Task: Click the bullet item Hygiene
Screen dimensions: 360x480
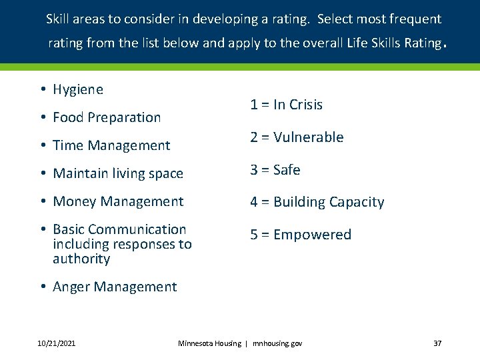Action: pos(77,89)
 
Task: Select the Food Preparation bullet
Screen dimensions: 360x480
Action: pos(107,117)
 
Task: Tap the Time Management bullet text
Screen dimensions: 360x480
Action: pos(111,145)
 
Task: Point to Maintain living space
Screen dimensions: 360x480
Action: pos(117,173)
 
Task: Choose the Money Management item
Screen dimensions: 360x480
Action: pos(118,201)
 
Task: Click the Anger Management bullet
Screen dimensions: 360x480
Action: pos(115,287)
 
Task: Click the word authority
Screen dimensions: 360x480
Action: pos(81,259)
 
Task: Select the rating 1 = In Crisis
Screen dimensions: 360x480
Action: pos(286,105)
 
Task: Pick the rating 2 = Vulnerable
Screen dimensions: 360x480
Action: pos(297,137)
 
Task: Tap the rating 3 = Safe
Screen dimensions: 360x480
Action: pos(275,170)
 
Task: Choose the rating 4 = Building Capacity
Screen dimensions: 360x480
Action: pos(317,202)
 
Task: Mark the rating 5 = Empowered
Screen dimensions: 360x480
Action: pos(300,235)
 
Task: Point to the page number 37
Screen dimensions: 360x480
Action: pos(437,343)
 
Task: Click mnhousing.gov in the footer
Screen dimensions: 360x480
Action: pos(277,343)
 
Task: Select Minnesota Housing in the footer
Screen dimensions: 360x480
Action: pos(209,343)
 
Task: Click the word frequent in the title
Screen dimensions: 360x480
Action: pos(416,19)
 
